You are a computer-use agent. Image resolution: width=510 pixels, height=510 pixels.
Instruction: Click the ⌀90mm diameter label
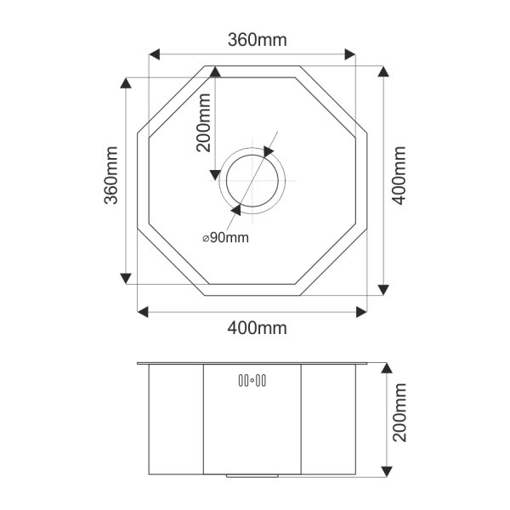coord(225,238)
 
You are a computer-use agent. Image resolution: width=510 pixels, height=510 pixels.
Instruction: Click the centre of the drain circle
coord(252,181)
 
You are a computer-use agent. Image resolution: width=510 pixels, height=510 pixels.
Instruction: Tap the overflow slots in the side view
coord(252,380)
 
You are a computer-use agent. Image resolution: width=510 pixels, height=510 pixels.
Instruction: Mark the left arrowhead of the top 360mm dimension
coord(154,54)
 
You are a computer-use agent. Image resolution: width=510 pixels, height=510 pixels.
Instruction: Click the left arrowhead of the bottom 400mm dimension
coord(143,311)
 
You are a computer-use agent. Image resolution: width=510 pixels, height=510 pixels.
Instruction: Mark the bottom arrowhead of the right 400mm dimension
coord(382,290)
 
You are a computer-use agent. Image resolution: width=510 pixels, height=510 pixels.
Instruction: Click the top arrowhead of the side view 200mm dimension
coord(387,368)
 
